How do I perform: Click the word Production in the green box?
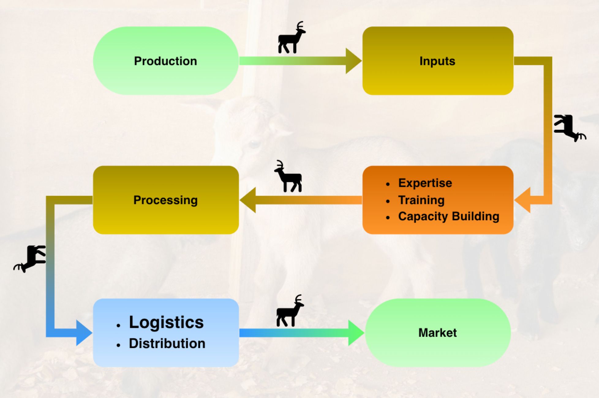[x=165, y=61]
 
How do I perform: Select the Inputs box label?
[x=437, y=61]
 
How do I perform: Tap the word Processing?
[x=165, y=200]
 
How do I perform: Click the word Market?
[x=437, y=333]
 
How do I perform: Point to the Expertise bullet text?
[x=425, y=183]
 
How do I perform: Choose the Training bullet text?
[x=421, y=200]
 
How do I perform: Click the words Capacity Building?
[x=449, y=216]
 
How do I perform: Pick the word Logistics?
[x=166, y=322]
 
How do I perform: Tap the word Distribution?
[x=167, y=343]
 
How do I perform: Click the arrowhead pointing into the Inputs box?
[x=353, y=61]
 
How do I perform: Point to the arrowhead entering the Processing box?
[x=248, y=200]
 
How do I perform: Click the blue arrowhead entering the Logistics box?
[x=84, y=333]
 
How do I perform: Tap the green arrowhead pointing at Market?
[x=356, y=333]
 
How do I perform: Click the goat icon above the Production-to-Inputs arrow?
[x=291, y=38]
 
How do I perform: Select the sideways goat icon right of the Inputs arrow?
[x=569, y=128]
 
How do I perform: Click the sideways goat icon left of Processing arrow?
[x=31, y=258]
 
